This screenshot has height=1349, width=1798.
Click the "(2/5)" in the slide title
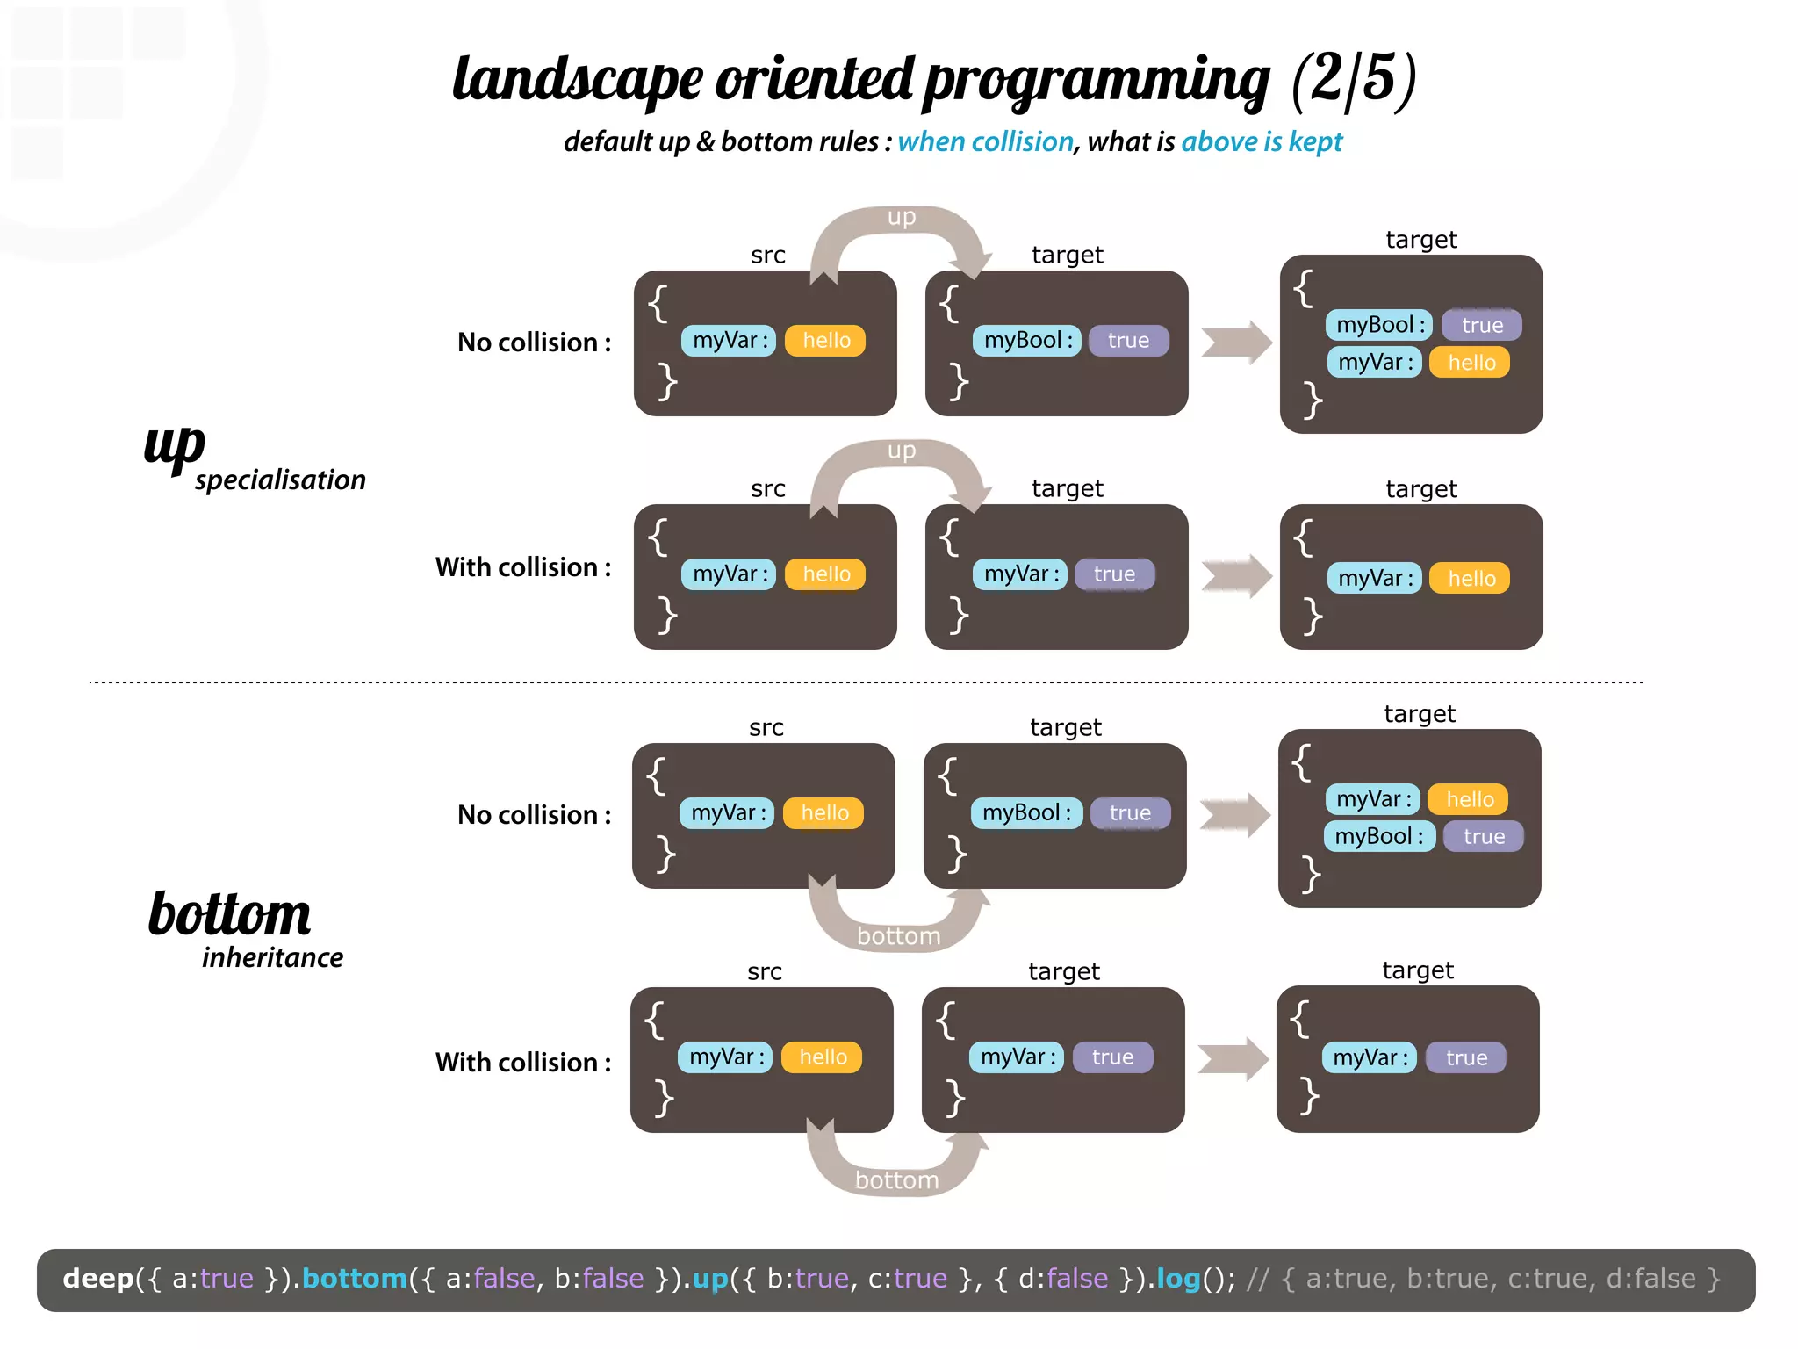1354,79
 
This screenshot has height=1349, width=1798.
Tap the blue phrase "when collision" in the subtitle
985,141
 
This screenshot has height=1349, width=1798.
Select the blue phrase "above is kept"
1262,141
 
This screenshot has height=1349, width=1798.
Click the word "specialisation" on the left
280,480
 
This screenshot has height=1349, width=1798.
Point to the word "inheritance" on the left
272,957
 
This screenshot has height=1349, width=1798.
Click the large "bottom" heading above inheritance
229,914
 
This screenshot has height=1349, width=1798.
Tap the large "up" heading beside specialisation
174,446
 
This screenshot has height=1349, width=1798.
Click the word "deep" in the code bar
97,1279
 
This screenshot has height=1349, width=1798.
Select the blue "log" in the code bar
1178,1279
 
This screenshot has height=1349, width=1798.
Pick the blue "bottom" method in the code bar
355,1279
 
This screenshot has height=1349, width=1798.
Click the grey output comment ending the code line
1484,1279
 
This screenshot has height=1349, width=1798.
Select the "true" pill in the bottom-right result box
1466,1057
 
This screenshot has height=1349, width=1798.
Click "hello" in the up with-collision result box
1471,579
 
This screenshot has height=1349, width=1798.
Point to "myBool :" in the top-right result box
1379,325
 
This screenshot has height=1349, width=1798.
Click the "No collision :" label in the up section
534,343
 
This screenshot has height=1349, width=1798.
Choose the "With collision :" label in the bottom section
523,1063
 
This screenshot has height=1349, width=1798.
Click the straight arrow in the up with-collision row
1236,577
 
